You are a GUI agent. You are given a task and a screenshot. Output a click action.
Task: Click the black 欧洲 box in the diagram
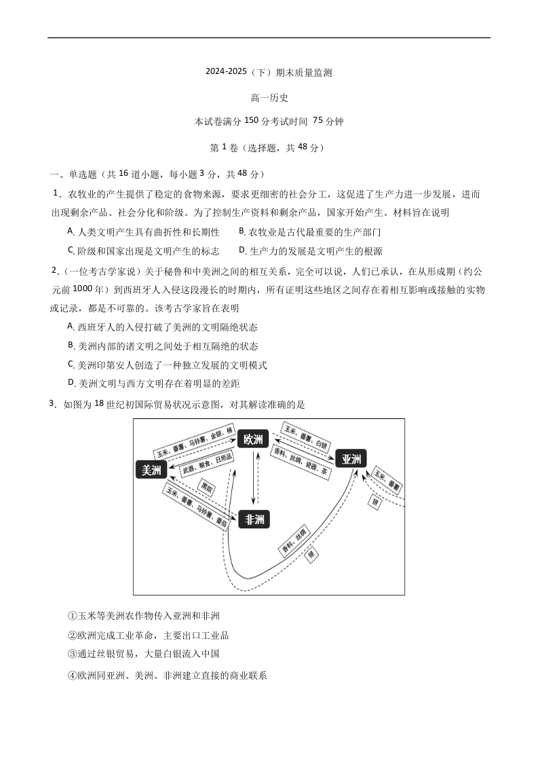[254, 439]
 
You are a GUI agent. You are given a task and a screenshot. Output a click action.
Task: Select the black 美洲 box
[151, 470]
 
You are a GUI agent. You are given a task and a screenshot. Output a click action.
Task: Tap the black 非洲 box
[254, 519]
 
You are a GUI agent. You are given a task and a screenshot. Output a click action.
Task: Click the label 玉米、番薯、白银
[305, 438]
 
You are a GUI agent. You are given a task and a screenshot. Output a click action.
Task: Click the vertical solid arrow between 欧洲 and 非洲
[254, 479]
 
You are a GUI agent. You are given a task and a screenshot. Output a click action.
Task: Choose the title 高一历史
[269, 98]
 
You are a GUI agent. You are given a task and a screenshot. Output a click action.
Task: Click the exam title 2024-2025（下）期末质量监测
[269, 73]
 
